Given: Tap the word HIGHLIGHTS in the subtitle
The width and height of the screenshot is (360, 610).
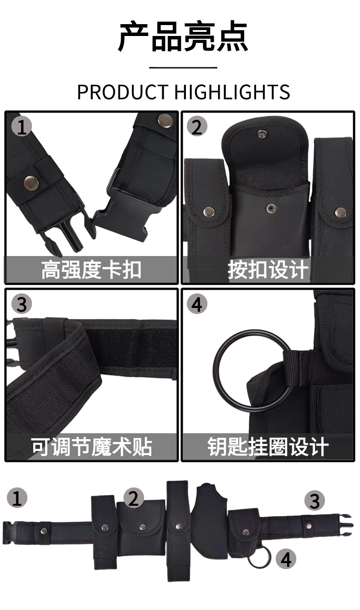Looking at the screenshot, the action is pos(232,92).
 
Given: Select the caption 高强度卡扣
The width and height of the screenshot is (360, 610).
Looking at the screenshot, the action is pos(91,270).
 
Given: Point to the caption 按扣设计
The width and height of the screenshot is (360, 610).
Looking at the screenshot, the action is pos(268,270).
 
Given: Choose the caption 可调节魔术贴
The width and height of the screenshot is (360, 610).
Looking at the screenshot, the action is pos(92,447).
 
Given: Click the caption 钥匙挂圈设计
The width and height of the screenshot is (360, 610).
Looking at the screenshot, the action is pos(268,447).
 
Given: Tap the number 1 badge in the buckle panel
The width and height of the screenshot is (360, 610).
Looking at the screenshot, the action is pos(21,126).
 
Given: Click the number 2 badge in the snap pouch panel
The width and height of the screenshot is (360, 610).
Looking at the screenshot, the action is pos(197,126).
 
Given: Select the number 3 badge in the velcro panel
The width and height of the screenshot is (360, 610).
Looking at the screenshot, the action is pos(21,304).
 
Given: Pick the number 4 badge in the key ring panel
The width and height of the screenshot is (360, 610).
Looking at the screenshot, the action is pos(197,304).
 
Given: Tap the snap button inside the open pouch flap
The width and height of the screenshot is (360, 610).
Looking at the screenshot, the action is pos(262,133).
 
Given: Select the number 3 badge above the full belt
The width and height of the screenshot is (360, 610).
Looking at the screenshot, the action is pos(314,501).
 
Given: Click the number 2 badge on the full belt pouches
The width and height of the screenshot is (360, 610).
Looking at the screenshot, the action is pos(134,498).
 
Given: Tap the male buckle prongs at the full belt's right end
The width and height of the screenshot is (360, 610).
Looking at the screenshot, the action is pos(346,524).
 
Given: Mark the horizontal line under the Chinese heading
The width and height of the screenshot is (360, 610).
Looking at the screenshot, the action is pos(183,67).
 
